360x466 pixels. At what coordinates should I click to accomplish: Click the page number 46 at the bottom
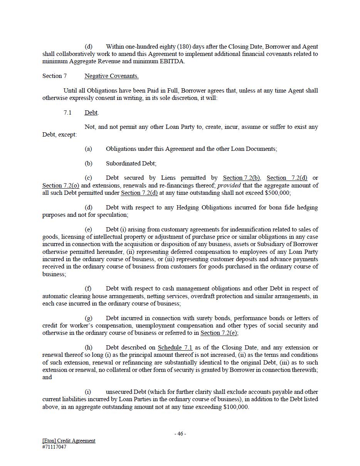(180, 434)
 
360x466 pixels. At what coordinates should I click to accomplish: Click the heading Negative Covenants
(111, 76)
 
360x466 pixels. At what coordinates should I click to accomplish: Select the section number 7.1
(67, 113)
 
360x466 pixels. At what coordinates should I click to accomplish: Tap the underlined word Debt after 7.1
(91, 113)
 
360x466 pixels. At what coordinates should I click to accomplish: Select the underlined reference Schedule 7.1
(175, 348)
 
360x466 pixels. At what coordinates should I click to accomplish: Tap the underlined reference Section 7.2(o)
(61, 186)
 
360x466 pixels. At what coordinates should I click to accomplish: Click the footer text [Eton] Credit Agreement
(69, 441)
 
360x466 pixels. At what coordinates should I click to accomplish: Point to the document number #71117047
(54, 447)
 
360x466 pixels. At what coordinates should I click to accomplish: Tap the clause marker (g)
(88, 318)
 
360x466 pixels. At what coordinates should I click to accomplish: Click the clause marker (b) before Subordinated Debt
(88, 164)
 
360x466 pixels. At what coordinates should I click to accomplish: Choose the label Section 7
(54, 76)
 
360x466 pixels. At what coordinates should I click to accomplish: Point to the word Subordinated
(123, 164)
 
